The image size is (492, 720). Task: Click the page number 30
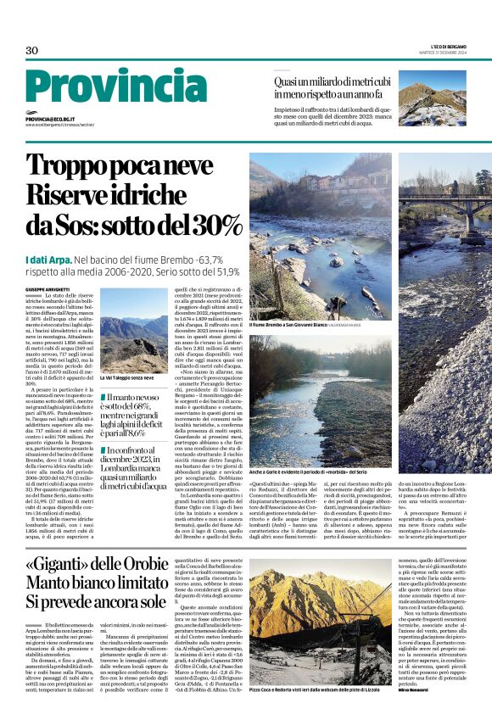(x=32, y=51)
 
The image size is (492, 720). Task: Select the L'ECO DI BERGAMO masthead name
(x=448, y=44)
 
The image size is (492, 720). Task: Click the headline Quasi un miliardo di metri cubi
(x=331, y=88)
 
